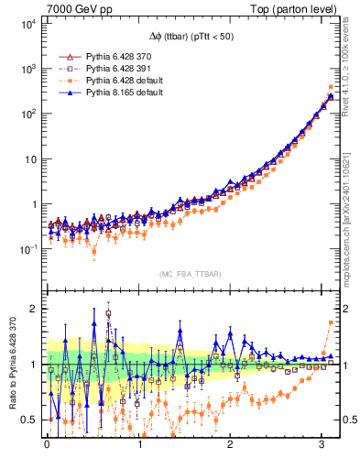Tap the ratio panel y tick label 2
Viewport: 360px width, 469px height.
[x=34, y=309]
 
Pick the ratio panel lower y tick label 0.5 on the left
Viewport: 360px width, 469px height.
[x=30, y=420]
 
